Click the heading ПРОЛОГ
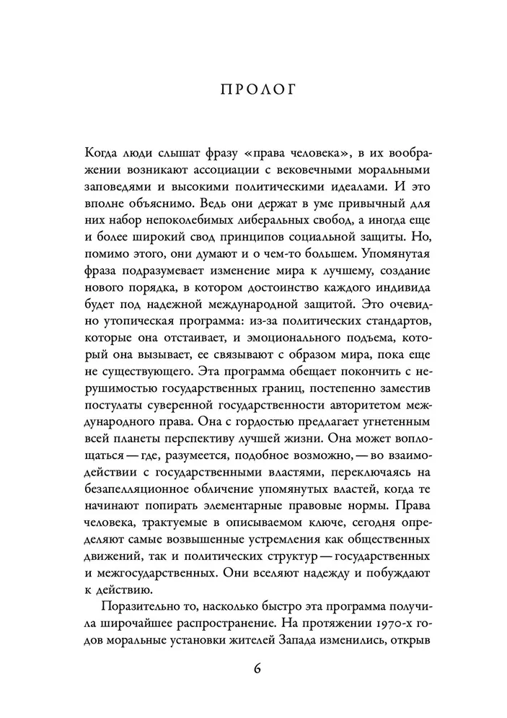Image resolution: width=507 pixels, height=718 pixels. click(253, 90)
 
